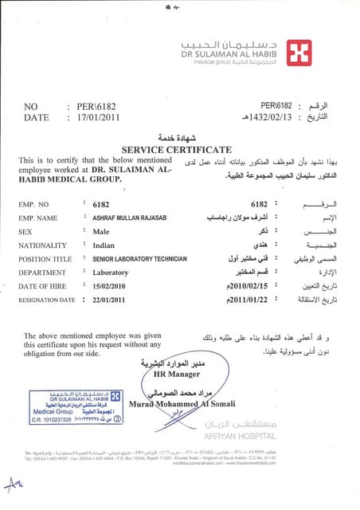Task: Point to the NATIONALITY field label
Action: coord(45,245)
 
